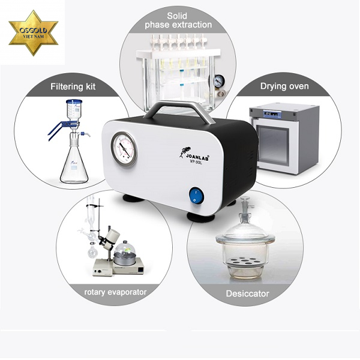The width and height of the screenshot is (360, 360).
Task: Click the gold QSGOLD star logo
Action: click(x=34, y=33)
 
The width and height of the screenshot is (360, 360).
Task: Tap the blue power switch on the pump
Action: click(x=196, y=196)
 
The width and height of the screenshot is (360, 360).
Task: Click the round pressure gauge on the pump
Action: click(x=124, y=149)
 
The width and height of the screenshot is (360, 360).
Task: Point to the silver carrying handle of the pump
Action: click(x=179, y=110)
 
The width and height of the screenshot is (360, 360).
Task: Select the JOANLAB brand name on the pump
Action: click(x=197, y=157)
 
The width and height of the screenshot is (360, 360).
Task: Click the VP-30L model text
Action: click(x=196, y=163)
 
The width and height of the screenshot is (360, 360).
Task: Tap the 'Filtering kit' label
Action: click(x=73, y=86)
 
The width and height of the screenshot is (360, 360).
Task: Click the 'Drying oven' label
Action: click(x=284, y=86)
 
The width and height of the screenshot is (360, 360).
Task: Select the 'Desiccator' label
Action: click(x=247, y=293)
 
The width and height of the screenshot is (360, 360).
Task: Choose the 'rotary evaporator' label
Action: click(x=115, y=292)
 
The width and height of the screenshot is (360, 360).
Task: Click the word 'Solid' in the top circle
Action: click(x=177, y=16)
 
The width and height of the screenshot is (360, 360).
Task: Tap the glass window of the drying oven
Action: click(x=273, y=145)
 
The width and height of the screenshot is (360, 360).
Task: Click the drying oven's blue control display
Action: click(x=272, y=113)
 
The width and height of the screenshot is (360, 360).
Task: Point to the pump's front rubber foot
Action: click(x=200, y=217)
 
